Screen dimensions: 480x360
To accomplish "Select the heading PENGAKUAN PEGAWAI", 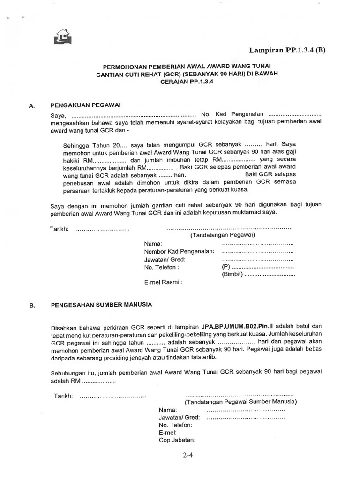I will (86, 105).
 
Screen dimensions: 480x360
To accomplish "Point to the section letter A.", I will (32, 106).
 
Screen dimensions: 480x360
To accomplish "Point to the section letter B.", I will (32, 305).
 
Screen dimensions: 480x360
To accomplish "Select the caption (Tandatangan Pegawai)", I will (222, 235).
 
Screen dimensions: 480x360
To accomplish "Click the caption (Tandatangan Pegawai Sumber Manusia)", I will (240, 402).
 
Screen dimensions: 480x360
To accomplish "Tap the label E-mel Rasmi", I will (163, 282).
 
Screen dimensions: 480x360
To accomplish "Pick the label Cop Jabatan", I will (177, 440).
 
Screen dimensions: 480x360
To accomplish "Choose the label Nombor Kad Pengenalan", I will (179, 251).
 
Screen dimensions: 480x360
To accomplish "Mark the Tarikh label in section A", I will (60, 229).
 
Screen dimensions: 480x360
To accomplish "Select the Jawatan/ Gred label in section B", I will (180, 417).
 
